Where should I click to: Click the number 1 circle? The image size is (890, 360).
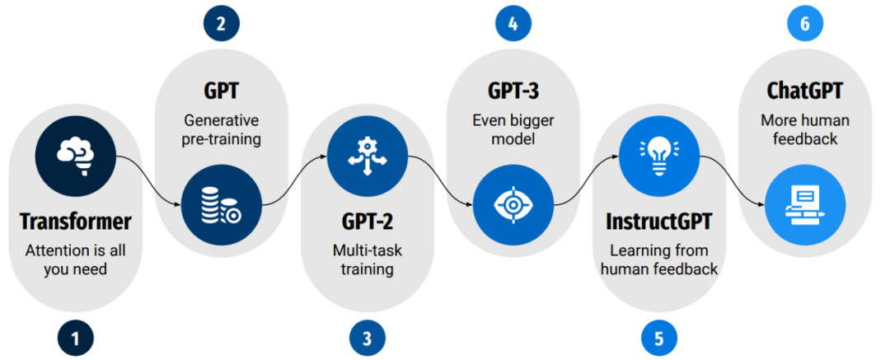(x=75, y=337)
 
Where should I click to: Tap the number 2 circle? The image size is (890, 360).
(x=221, y=23)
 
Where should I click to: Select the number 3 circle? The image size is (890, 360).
(x=367, y=337)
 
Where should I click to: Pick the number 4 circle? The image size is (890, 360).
(x=513, y=23)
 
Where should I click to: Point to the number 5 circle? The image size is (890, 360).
(x=658, y=337)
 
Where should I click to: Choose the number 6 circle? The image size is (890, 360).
(x=804, y=23)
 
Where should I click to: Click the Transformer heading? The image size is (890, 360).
(x=75, y=222)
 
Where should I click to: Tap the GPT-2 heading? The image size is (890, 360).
(x=367, y=222)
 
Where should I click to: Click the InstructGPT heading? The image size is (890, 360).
(x=658, y=222)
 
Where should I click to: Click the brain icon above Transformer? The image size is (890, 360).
(x=75, y=154)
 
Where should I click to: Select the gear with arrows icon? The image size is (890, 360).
(x=367, y=154)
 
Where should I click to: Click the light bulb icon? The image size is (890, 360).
(x=658, y=154)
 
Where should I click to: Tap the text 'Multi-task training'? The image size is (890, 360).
(x=367, y=258)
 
